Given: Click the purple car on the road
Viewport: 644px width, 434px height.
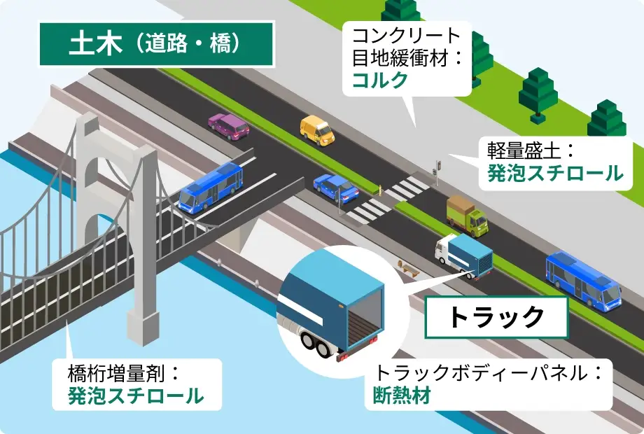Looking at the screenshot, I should pos(229,126).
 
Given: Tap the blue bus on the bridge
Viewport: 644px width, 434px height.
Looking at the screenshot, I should pos(210,186).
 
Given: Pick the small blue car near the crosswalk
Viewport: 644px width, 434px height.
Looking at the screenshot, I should pos(336,185).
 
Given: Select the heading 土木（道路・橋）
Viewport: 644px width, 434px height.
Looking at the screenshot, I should pos(155,44).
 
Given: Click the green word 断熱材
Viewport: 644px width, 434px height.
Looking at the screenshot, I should pos(401,396).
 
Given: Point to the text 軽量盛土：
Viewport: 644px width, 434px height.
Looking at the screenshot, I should pos(530,149).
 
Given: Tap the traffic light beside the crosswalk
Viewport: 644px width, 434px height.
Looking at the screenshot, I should pos(436,168).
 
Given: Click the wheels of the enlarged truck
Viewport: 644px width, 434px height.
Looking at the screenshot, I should pos(315,344).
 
